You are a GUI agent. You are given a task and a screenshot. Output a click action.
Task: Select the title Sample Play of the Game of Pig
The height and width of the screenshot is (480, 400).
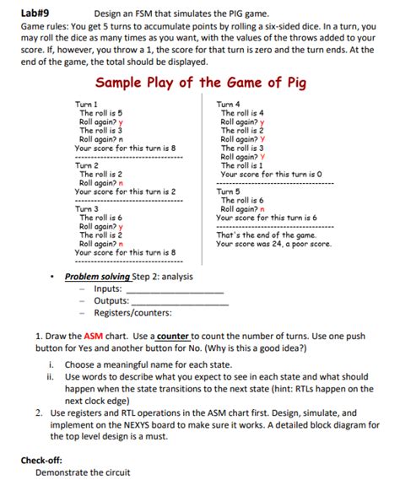pos(201,83)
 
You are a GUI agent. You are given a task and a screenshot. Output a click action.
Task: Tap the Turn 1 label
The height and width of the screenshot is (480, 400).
pos(88,104)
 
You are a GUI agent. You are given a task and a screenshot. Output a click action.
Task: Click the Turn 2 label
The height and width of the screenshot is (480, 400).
pos(88,165)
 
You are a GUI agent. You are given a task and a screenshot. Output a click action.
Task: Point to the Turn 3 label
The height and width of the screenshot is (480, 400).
pos(88,208)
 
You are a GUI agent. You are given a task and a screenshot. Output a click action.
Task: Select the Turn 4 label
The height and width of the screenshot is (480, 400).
pos(230,104)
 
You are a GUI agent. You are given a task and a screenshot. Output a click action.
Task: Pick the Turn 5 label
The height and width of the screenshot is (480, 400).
pos(230,191)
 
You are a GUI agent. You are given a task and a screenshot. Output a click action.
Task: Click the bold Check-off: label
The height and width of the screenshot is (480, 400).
pos(46,460)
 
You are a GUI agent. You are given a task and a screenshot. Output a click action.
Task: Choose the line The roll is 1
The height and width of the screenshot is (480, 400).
pos(242,165)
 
